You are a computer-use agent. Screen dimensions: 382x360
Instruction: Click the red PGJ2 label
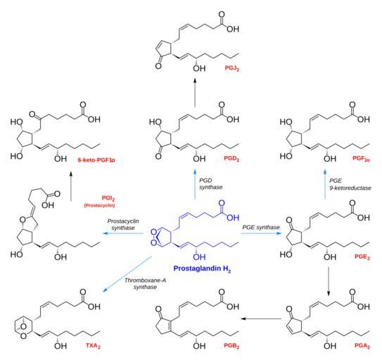coord(232,68)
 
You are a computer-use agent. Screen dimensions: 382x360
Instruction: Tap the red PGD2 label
coord(231,159)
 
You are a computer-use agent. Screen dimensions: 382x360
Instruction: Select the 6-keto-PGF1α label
coord(96,160)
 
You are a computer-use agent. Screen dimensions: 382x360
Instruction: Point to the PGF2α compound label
coord(362,159)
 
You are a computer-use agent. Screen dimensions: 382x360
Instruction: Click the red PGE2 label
coord(362,257)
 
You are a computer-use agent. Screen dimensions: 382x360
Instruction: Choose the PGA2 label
coord(362,346)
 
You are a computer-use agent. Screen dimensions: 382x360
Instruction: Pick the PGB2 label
coord(231,346)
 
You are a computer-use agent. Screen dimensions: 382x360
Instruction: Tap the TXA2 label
coord(93,346)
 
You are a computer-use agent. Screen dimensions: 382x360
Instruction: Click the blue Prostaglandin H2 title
coord(202,269)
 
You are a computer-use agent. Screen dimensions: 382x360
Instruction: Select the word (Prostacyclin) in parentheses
coord(99,205)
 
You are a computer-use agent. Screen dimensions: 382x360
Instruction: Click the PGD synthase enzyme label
coord(211,184)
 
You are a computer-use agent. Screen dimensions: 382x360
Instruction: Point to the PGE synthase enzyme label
coord(261,227)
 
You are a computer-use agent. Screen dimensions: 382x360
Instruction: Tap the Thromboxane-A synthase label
coord(145,284)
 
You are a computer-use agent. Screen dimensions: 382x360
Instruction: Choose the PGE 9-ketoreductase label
coord(350,184)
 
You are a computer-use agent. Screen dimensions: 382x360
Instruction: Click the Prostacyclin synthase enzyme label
coord(123,224)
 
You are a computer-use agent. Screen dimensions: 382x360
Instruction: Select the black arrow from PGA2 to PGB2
coord(261,319)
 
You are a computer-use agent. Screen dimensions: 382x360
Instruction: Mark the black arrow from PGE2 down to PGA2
coord(329,281)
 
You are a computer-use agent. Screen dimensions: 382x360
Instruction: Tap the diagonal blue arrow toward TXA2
coord(127,274)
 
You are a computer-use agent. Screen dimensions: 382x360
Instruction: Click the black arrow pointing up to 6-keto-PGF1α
coord(71,186)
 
